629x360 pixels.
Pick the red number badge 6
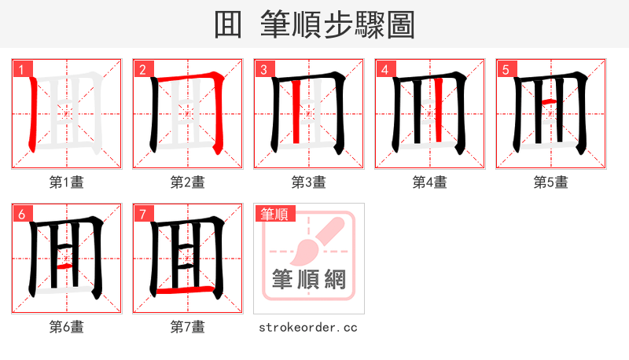point(20,214)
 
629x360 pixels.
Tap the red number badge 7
point(142,214)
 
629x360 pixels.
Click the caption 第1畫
point(66,182)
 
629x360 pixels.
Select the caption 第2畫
point(187,182)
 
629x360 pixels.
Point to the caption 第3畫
point(308,182)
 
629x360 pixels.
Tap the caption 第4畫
point(429,182)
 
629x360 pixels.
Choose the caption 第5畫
point(550,182)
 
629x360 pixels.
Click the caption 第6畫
point(66,327)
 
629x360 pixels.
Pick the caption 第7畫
point(187,327)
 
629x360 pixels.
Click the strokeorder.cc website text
point(308,327)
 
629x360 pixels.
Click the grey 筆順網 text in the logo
point(308,279)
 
